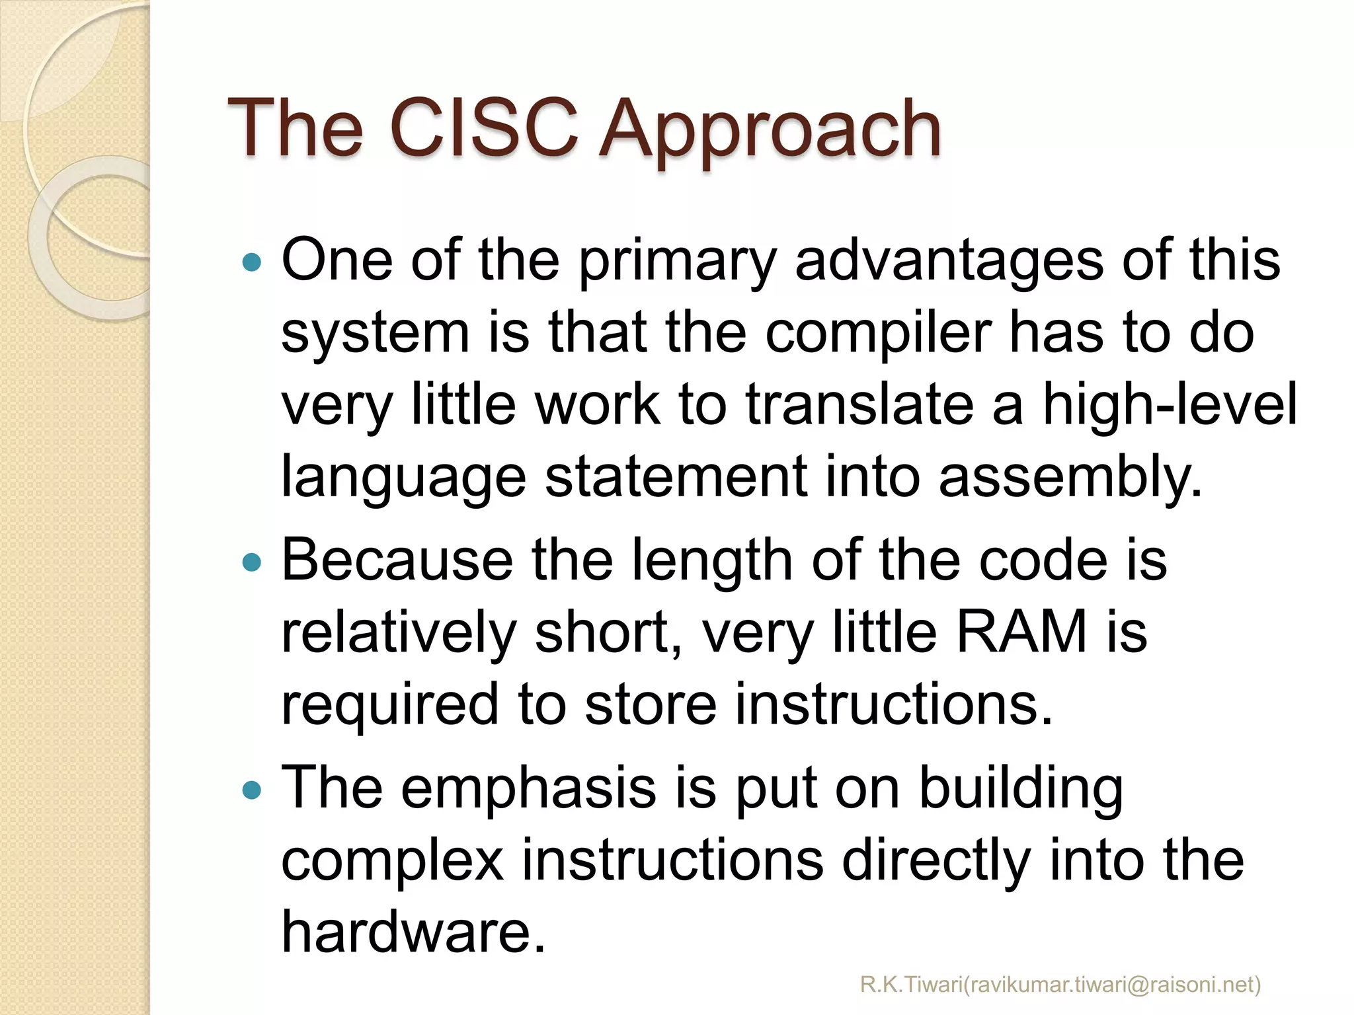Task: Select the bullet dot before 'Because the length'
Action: click(x=252, y=562)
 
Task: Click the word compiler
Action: click(x=879, y=334)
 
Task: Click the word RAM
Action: click(x=1021, y=631)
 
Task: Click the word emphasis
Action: click(x=528, y=789)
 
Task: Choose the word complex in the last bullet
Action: click(x=393, y=860)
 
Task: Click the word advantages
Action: click(x=949, y=260)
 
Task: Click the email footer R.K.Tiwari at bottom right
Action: click(x=1060, y=985)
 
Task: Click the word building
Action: click(x=1021, y=789)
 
